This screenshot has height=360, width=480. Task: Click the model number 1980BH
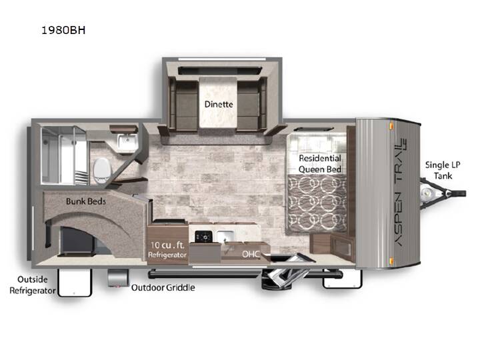[63, 30]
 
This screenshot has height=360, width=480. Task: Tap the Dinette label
[219, 104]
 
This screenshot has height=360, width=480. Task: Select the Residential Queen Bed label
[320, 164]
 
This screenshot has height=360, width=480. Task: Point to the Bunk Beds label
[86, 201]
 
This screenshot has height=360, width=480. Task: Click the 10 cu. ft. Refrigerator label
[167, 249]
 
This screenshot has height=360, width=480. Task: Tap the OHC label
[251, 254]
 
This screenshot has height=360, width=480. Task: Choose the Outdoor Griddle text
[163, 287]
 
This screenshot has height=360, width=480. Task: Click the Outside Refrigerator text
[33, 285]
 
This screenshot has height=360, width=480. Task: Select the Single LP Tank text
[443, 170]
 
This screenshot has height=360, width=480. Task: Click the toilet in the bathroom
[101, 171]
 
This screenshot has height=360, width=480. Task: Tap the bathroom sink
[127, 142]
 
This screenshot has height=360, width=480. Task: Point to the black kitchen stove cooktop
[203, 236]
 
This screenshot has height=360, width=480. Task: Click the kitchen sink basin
[225, 236]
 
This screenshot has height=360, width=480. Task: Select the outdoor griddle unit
[118, 277]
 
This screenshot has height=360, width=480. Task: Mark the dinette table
[217, 103]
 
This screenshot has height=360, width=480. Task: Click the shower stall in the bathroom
[64, 155]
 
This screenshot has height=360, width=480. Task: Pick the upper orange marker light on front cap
[391, 126]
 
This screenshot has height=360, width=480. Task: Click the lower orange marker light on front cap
[391, 261]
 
